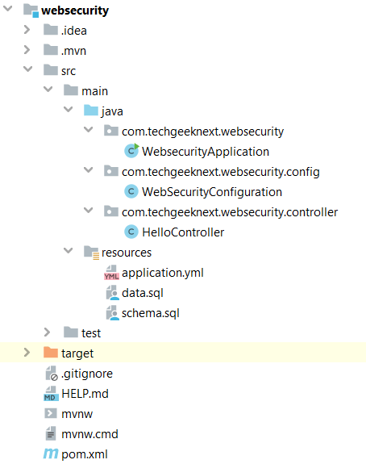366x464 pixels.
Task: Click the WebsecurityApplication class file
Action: coord(206,152)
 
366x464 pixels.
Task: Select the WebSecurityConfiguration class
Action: coord(212,192)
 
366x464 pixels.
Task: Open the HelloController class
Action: coord(183,232)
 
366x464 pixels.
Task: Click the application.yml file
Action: coord(163,273)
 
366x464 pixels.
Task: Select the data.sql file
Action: coord(143,293)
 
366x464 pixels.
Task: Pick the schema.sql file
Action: coord(151,313)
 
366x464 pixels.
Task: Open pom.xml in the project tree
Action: coord(85,454)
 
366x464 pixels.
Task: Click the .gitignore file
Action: coord(87,374)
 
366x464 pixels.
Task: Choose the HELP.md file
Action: coord(85,394)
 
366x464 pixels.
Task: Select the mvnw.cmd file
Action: coord(89,434)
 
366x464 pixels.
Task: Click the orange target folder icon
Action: coord(51,353)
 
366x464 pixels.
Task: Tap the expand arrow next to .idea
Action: coord(27,30)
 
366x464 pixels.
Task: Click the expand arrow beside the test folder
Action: coord(47,332)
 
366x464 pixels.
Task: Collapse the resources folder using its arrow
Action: coord(69,251)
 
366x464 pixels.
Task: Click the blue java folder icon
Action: coord(91,111)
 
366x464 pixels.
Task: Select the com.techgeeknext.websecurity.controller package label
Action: coord(230,212)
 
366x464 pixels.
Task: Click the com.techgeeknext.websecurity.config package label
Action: coord(221,172)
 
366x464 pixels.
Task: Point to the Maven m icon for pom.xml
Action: coord(51,454)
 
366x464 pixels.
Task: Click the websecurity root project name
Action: coord(75,10)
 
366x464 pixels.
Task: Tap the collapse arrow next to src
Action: coord(28,69)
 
